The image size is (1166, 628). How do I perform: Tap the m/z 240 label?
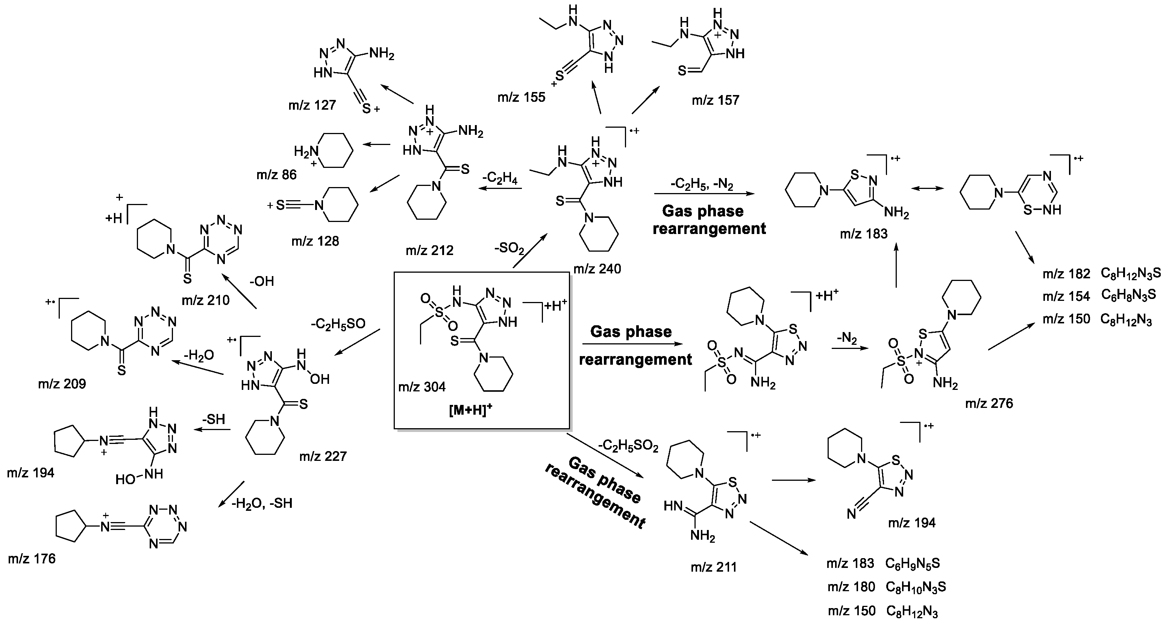pos(597,269)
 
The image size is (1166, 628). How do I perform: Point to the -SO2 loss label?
pos(509,249)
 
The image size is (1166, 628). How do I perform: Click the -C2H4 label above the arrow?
pos(500,178)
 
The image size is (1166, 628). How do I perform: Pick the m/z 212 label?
pos(429,250)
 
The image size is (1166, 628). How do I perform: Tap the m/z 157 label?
pos(715,100)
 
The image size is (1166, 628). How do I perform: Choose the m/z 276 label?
pos(989,403)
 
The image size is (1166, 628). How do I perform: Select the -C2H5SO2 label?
pos(628,447)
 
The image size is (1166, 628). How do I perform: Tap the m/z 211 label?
pos(713,567)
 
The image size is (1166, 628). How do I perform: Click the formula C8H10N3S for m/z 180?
pos(915,587)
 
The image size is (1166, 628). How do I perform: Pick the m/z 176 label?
pos(32,559)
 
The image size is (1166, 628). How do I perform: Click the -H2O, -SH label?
pos(262,503)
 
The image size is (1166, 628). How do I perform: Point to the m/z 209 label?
pos(62,384)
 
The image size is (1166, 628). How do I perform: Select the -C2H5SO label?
pos(338,324)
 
